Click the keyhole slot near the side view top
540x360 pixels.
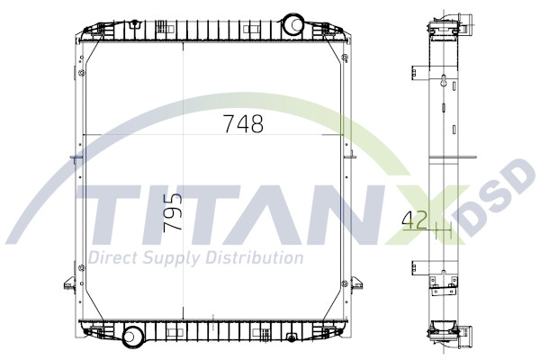pyautogui.click(x=445, y=82)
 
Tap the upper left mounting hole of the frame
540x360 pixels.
pyautogui.click(x=82, y=73)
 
